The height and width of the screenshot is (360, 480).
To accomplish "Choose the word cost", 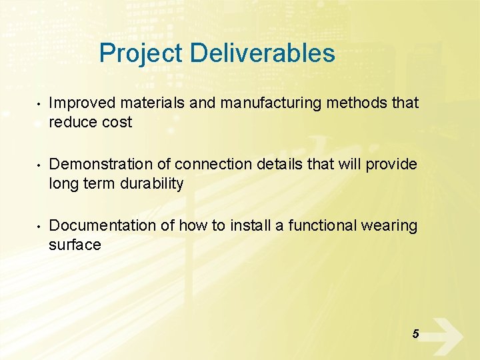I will (x=117, y=123).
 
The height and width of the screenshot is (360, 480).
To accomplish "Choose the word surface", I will (x=75, y=245).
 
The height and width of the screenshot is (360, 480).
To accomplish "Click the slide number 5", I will (x=415, y=334).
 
